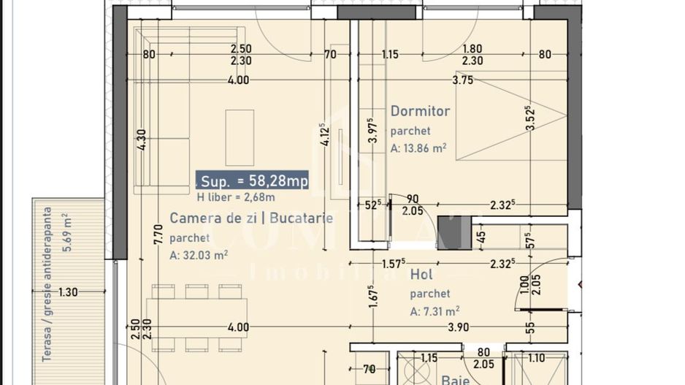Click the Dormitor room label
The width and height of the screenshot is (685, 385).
[x=420, y=111]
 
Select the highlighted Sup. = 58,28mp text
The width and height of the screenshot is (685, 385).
[x=253, y=180]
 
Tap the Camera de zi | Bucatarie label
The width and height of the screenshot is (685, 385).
[x=251, y=218]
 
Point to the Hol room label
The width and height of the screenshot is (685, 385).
[x=421, y=275]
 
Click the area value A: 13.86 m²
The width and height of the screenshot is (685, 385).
[x=418, y=148]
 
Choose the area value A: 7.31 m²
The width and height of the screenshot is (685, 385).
[x=435, y=310]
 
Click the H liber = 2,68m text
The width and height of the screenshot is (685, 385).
[x=236, y=197]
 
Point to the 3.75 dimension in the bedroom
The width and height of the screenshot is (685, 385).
[x=463, y=80]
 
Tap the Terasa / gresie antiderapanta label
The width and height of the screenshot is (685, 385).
[x=47, y=285]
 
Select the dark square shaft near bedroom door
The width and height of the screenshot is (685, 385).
[x=454, y=233]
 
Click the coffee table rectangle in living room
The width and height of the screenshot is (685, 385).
[x=240, y=137]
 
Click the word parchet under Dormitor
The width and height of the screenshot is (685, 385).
[x=410, y=131]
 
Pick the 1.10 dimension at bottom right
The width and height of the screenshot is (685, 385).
[x=536, y=358]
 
